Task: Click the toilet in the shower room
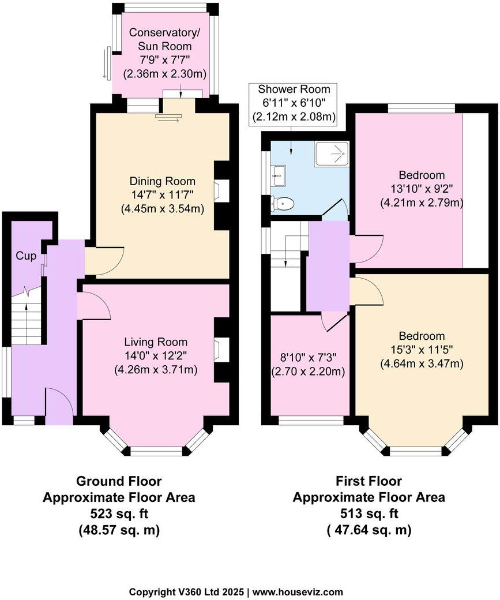pos(283,203)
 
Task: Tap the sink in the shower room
pos(279,174)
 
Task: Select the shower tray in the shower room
pos(332,154)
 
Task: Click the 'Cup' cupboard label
pos(23,255)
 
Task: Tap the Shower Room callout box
pos(294,103)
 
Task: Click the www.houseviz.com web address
pos(299,592)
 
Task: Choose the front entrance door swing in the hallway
pos(58,406)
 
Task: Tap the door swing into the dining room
pos(103,261)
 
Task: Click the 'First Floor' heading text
pos(369,481)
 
